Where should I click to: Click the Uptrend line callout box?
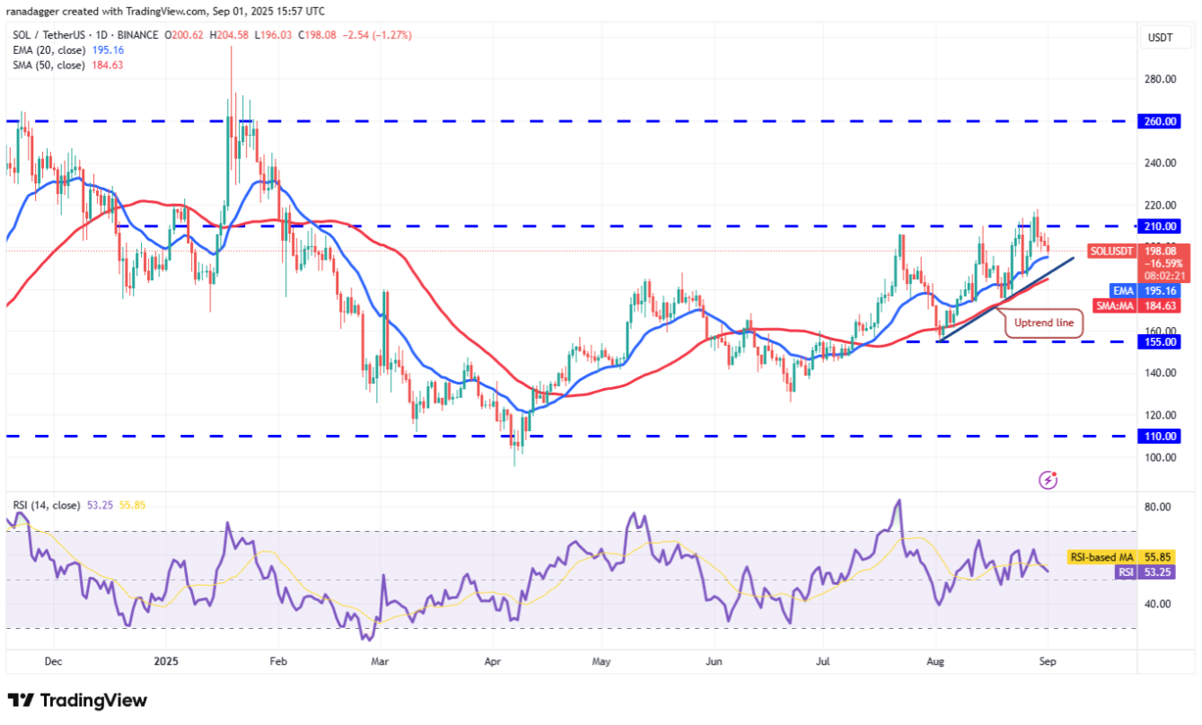[x=1043, y=323]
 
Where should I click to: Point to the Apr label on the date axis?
[x=492, y=662]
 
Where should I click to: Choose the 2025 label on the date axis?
[x=168, y=662]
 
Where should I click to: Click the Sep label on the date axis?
[x=1048, y=662]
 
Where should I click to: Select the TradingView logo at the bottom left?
[x=77, y=701]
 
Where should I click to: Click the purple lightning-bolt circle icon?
[x=1048, y=480]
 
